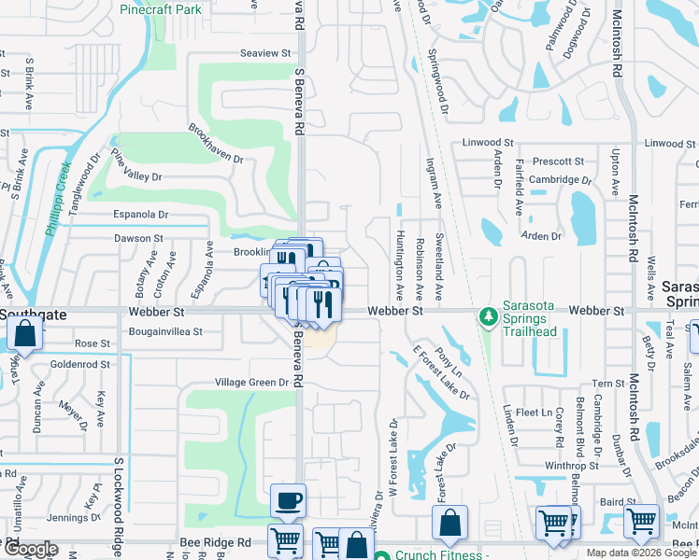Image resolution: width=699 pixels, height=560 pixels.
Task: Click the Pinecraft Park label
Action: tap(161, 9)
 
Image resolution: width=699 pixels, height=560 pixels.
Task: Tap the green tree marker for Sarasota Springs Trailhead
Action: tap(487, 318)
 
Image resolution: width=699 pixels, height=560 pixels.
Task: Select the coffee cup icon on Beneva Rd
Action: tap(288, 500)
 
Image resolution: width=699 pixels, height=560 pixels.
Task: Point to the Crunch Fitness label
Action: tap(442, 554)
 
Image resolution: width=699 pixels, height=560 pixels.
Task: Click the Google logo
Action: tap(30, 550)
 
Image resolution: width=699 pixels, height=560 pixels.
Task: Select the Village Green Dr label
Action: tap(252, 382)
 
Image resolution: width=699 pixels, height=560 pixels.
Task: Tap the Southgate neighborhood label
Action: tap(34, 315)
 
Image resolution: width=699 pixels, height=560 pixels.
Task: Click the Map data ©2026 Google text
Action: tap(641, 553)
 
